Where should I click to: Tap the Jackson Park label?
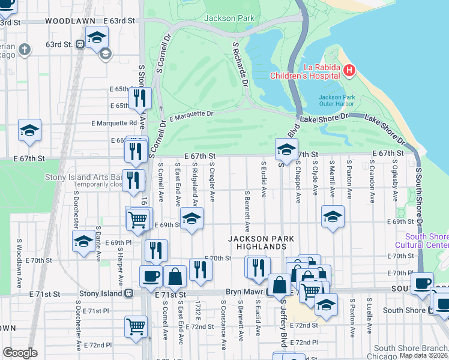(229, 18)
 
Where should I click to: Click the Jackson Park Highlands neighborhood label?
(261, 242)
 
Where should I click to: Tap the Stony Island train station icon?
(128, 294)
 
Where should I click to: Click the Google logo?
(20, 352)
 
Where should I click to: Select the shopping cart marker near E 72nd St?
(136, 326)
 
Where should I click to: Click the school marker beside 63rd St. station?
(95, 38)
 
